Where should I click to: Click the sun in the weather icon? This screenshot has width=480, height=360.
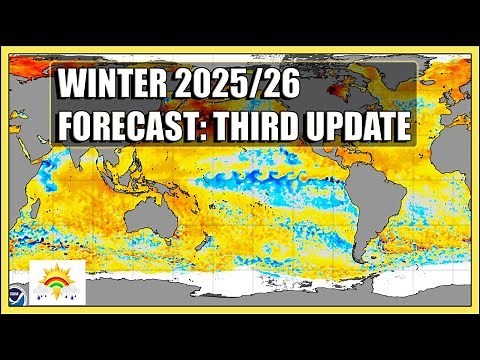(x=56, y=275)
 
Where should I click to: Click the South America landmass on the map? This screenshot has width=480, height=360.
(x=424, y=225)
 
